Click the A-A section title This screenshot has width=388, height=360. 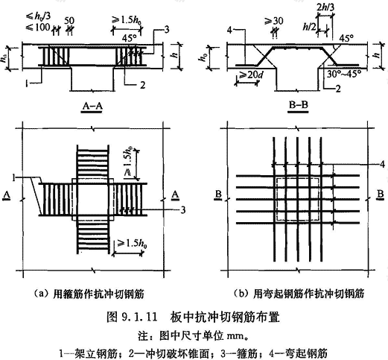tap(92, 106)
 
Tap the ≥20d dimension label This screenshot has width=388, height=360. tap(249, 75)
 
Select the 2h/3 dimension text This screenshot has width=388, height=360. tap(325, 7)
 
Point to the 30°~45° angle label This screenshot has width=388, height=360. tap(343, 74)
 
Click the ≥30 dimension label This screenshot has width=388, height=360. tap(274, 21)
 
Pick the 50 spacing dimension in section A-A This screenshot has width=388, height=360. tap(69, 21)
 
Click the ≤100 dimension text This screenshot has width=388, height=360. tap(38, 27)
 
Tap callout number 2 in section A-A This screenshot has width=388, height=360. tap(142, 85)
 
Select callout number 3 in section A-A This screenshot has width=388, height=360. tap(167, 30)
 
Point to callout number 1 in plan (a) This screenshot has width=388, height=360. tap(14, 177)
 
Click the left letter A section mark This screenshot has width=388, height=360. tap(7, 195)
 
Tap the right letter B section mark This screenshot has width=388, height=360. tap(380, 195)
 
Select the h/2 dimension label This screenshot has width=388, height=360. tap(310, 27)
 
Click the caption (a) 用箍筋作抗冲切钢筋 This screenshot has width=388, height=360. tap(89, 294)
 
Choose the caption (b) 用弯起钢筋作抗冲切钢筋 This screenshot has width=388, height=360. tap(299, 294)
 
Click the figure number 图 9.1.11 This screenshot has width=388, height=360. tap(132, 317)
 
